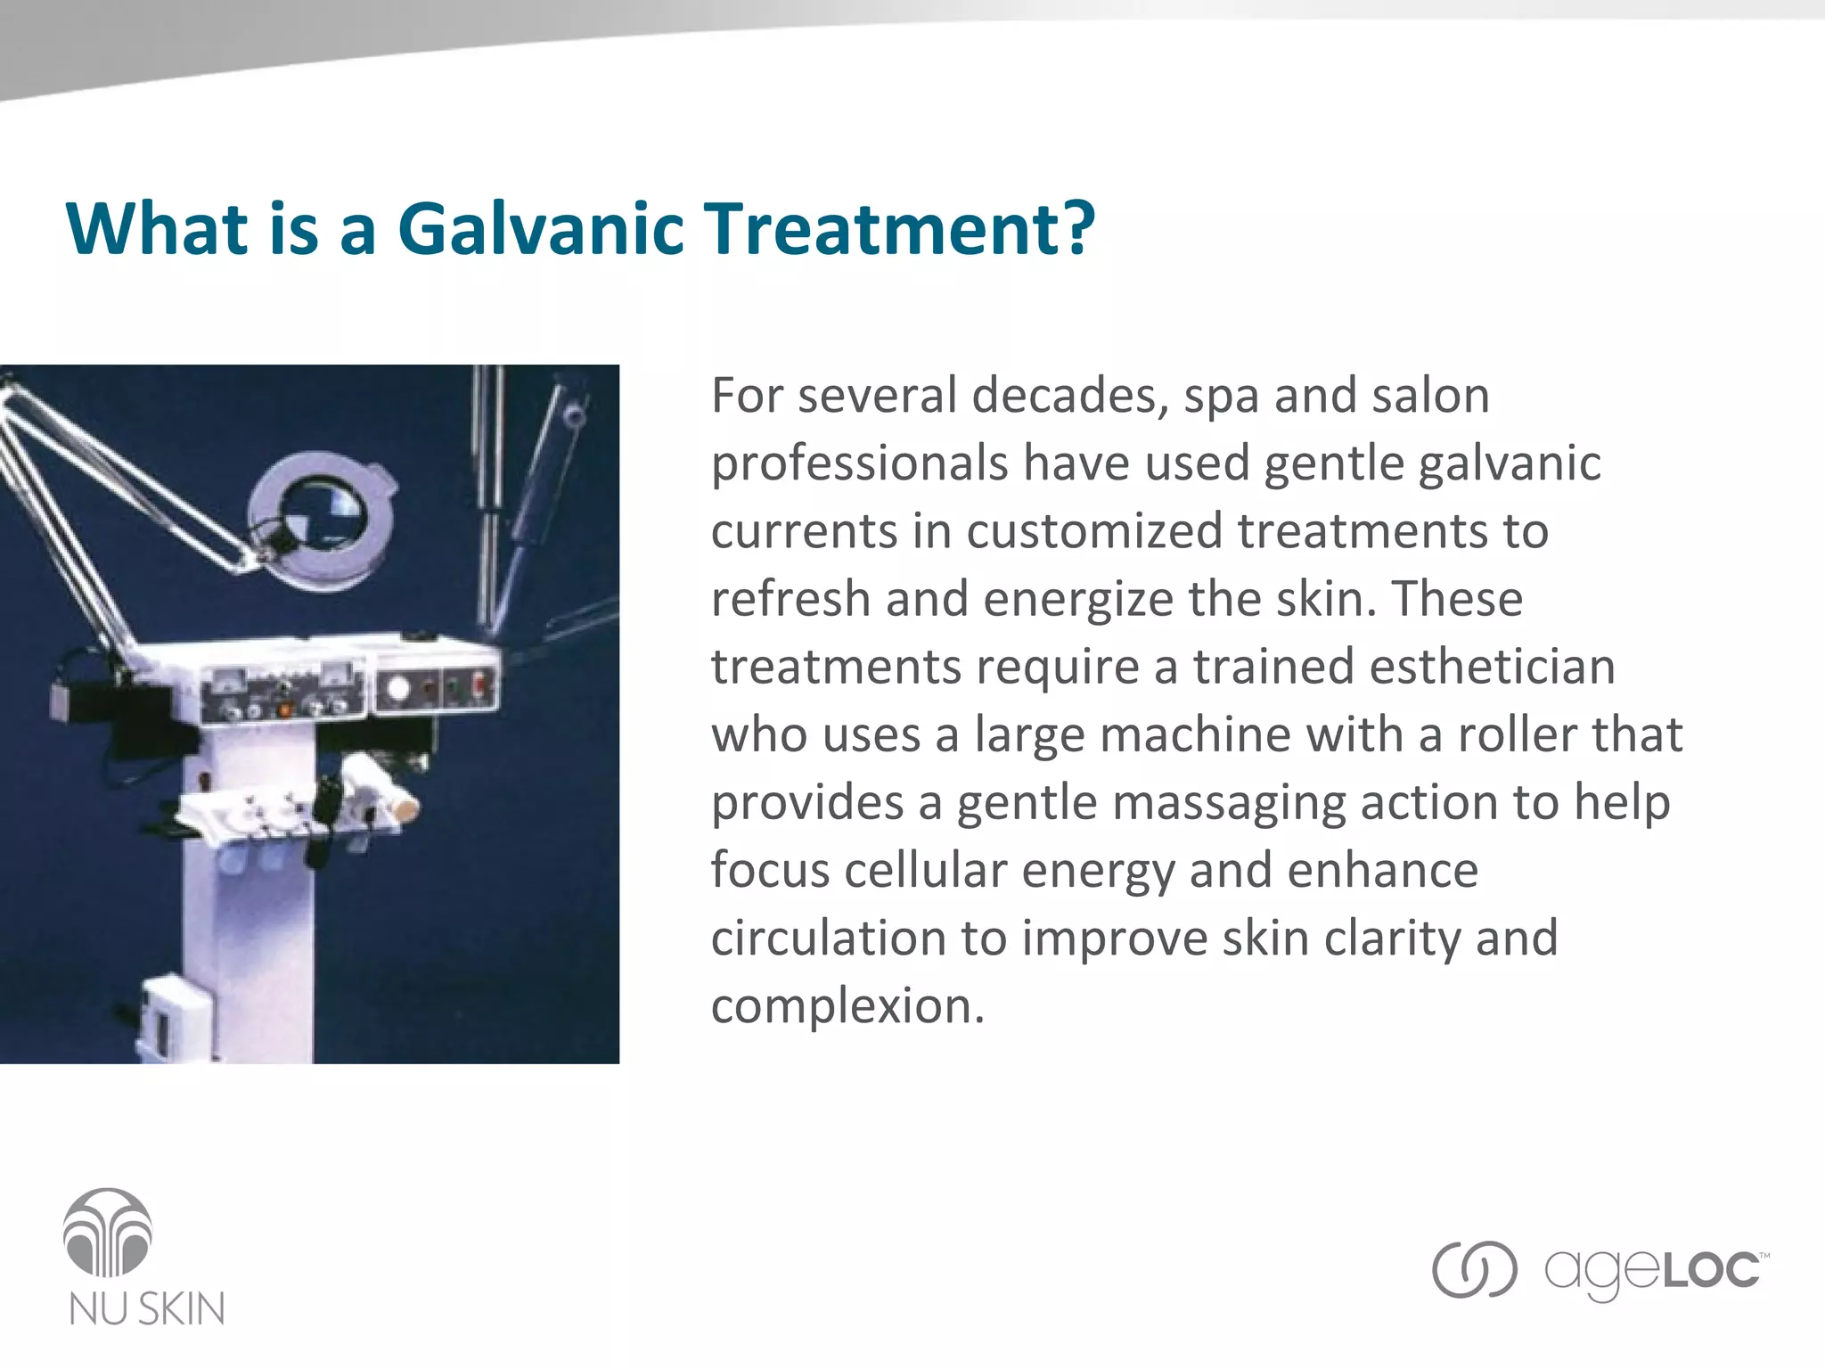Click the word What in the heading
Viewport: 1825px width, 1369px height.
(157, 229)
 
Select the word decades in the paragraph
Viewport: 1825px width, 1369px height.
(1068, 397)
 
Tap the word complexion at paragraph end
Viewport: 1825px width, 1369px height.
(847, 1007)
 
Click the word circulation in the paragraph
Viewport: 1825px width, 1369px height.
(828, 939)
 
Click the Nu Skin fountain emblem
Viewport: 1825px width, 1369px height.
(108, 1233)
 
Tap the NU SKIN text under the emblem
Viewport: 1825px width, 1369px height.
(147, 1309)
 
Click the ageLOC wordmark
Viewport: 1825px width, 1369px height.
(1653, 1271)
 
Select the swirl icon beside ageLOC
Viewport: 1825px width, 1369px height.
(1474, 1269)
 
